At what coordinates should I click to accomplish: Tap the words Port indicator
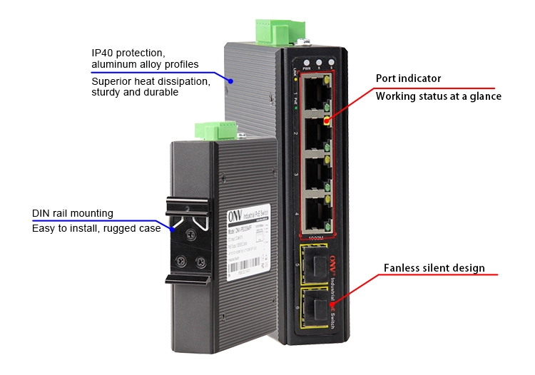tap(408, 78)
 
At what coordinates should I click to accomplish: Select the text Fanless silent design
tap(434, 269)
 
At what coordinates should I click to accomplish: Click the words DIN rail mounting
tap(73, 213)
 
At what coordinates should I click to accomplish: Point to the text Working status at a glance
tap(438, 96)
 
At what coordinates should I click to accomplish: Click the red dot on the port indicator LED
tap(327, 120)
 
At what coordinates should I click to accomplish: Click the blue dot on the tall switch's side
tap(230, 82)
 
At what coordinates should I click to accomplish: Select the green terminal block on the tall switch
tap(264, 31)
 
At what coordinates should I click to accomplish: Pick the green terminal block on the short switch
tap(216, 130)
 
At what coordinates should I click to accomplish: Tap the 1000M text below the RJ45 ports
tap(314, 236)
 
